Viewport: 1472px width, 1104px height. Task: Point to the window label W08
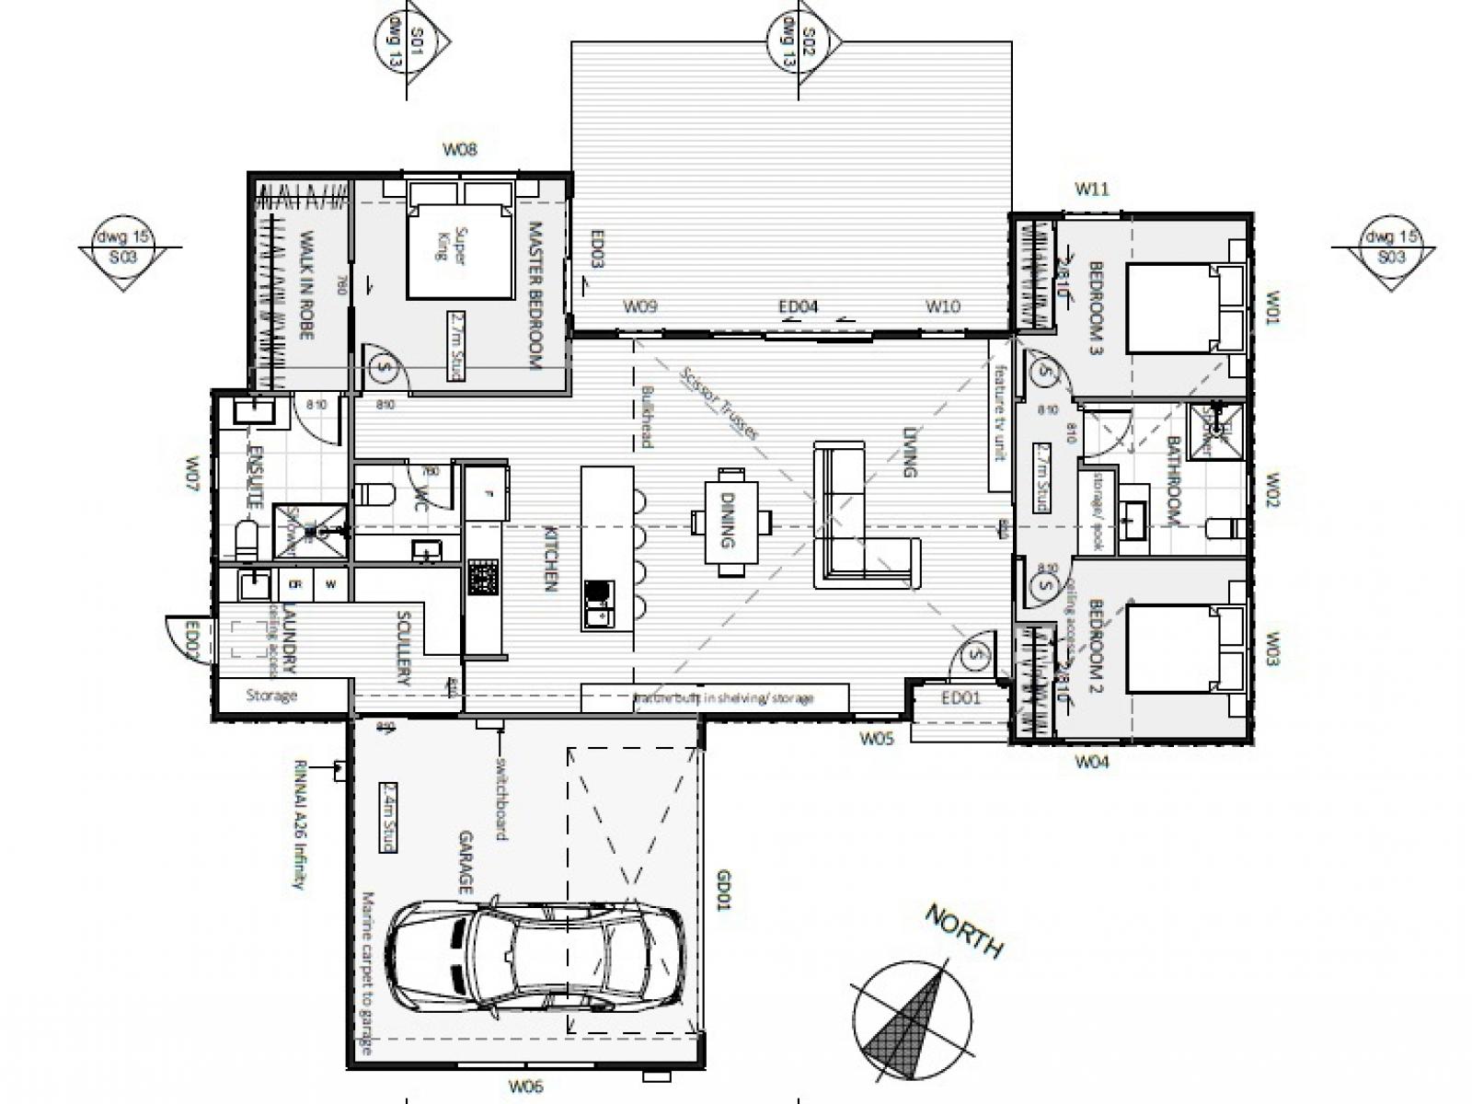point(460,149)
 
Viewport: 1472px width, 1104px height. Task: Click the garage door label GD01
point(723,890)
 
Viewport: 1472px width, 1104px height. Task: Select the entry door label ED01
point(960,698)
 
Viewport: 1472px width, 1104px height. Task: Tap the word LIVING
point(910,452)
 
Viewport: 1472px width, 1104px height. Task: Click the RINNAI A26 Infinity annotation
point(299,824)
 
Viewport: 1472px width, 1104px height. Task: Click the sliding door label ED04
point(798,307)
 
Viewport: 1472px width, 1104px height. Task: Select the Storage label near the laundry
point(271,696)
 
